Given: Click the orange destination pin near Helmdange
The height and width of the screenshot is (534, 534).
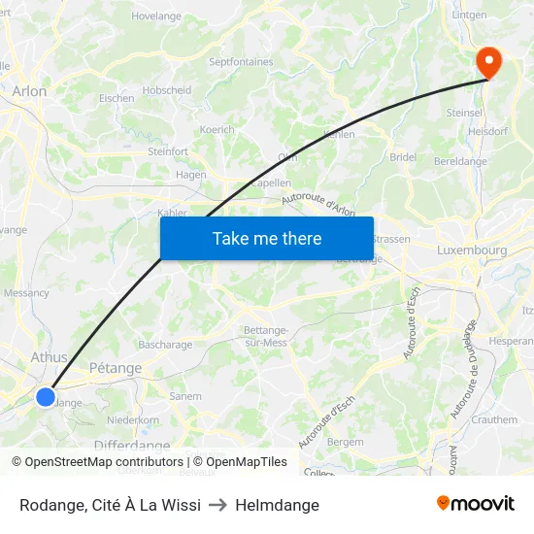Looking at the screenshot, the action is coord(486,62).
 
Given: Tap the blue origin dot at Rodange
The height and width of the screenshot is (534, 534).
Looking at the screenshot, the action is coord(46,396).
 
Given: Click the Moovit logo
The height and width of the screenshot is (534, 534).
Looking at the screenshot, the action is coord(475,504).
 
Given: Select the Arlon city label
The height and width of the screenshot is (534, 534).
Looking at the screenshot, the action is coord(29,91).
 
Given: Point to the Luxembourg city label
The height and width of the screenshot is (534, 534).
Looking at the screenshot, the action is coord(472,250).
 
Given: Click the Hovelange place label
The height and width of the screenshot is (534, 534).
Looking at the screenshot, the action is coord(156,17).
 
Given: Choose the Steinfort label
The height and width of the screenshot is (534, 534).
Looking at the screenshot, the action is coord(167,151).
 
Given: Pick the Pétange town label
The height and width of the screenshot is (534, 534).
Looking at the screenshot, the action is coord(115,369).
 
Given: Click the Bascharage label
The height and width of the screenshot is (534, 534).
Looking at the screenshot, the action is coord(165,345).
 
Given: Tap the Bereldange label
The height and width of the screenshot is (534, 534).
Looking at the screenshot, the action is coord(460,161).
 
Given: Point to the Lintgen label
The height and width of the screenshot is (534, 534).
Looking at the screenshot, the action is coord(469,16).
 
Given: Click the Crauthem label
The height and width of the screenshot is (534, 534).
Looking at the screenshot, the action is coord(494,419).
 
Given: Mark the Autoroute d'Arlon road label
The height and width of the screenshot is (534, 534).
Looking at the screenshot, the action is coord(318,202).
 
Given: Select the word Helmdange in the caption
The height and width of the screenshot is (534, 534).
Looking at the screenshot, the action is coord(277,505).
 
